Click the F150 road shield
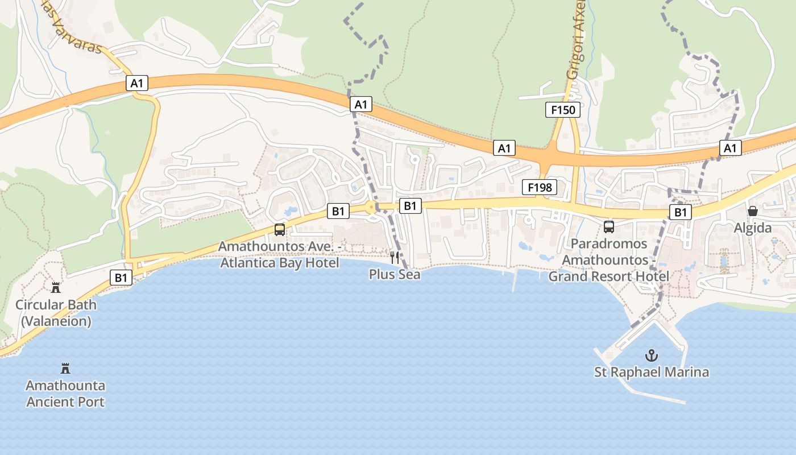tap(563, 110)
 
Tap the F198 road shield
tap(539, 187)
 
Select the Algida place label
tap(753, 228)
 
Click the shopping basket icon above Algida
tap(753, 211)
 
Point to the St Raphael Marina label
tap(652, 373)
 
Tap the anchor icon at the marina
tap(652, 356)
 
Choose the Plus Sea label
tap(395, 274)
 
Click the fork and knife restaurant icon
tap(395, 258)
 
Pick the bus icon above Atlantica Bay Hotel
tap(279, 230)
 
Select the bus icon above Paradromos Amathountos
tap(609, 227)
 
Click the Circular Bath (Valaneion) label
tap(56, 313)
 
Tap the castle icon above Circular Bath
tap(56, 287)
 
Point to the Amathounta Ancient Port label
tap(65, 394)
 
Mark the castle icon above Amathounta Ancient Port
tap(65, 369)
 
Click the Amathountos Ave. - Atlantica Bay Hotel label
tap(279, 255)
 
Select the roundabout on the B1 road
tap(372, 208)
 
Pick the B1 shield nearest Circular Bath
tap(121, 278)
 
